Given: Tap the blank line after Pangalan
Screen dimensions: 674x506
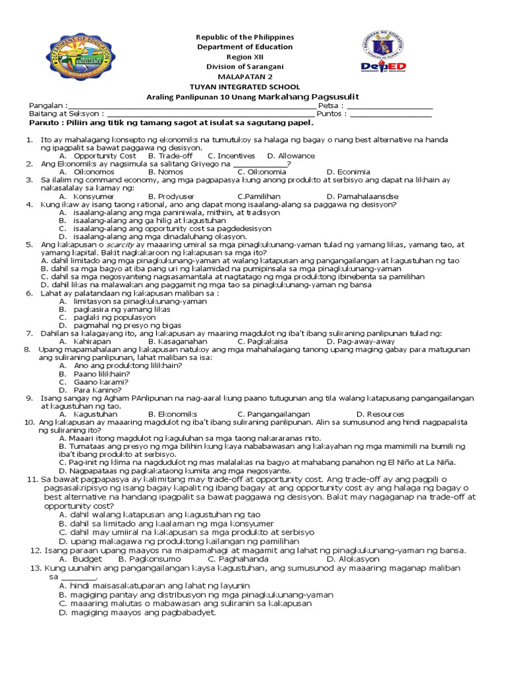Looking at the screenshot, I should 192,107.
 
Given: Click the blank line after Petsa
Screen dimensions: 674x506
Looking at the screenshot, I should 390,107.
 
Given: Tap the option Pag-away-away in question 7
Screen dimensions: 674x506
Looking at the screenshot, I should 365,342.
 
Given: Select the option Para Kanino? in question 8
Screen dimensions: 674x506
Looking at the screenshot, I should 99,390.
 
